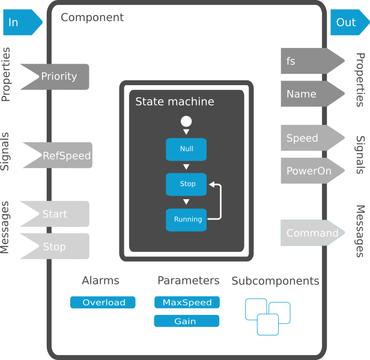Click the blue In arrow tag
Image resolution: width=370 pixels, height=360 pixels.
[x=22, y=23]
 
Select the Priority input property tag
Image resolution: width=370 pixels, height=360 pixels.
[x=58, y=76]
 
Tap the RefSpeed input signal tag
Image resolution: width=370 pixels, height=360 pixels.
[x=62, y=156]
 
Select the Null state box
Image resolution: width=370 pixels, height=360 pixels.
[x=186, y=149]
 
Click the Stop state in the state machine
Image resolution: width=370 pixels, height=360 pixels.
[x=186, y=184]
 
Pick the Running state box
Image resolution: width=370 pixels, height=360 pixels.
[x=186, y=220]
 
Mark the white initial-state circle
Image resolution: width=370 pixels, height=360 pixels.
[x=186, y=122]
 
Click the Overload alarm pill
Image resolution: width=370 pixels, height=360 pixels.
[x=103, y=302]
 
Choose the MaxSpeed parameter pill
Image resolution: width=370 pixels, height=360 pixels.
[x=187, y=302]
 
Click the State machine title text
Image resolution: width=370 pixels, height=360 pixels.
[x=174, y=101]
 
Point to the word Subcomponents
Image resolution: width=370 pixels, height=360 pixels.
[x=275, y=281]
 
